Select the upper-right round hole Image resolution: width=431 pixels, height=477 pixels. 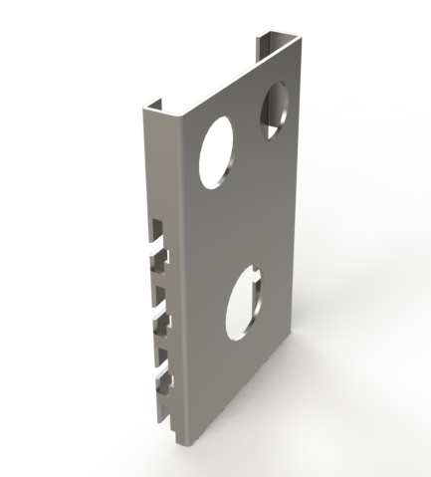coord(276,111)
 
